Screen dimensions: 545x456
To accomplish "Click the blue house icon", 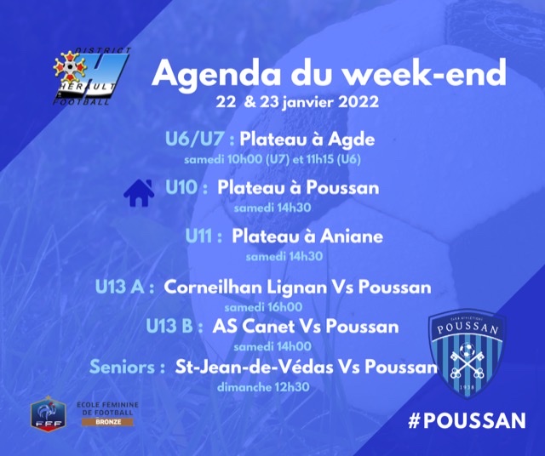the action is click(139, 193).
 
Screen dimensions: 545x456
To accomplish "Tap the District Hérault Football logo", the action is click(91, 77).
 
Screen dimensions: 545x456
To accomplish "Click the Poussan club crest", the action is click(467, 353).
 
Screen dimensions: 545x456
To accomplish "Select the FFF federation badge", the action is click(49, 413).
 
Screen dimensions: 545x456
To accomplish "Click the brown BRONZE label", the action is click(108, 422).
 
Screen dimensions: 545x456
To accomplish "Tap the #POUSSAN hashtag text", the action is click(467, 420).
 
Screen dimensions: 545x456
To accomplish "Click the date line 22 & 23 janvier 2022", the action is click(297, 102).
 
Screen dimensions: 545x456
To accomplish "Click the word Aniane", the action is click(352, 237).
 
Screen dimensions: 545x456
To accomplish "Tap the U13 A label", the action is click(120, 288).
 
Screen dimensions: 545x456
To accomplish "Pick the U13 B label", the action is click(169, 327).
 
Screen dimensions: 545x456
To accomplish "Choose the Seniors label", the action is click(123, 367).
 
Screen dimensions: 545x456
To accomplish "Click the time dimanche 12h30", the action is click(263, 387).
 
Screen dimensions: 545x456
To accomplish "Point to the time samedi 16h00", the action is click(263, 307).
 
